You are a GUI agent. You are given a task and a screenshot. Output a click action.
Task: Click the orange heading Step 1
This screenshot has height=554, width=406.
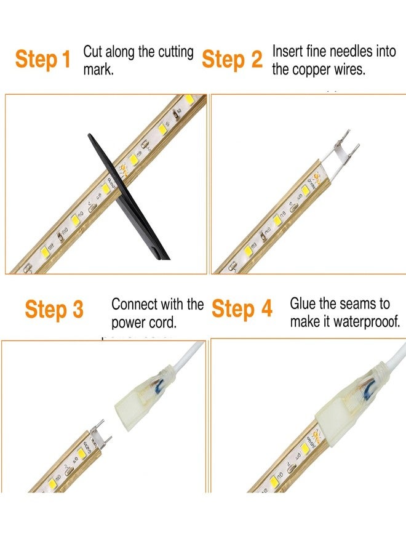[42, 58]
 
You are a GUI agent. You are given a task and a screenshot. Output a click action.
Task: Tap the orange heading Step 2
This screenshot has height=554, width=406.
[232, 58]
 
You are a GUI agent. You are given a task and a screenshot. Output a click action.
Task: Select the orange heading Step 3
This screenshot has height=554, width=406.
[54, 309]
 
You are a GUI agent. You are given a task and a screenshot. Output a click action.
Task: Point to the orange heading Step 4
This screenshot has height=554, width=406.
[242, 308]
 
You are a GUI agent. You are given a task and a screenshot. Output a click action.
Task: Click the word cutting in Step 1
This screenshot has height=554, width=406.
[175, 53]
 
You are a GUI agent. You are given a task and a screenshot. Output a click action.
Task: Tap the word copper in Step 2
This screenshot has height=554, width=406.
[311, 70]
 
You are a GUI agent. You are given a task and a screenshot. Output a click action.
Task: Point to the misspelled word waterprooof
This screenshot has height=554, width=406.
[367, 322]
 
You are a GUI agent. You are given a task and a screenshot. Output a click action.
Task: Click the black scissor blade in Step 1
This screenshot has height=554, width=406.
[127, 196]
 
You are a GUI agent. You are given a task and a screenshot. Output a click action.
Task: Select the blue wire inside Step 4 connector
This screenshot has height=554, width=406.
[370, 388]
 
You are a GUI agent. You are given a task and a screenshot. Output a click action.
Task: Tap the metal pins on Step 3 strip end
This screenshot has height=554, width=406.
[101, 433]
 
